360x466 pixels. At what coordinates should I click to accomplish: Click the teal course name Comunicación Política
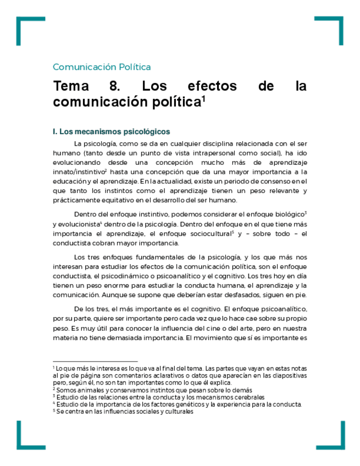click(x=102, y=67)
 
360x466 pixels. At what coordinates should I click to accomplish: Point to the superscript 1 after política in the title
click(x=203, y=99)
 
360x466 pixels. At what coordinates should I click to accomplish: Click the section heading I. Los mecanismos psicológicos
click(x=111, y=132)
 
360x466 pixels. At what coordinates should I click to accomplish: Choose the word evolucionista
click(x=77, y=224)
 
